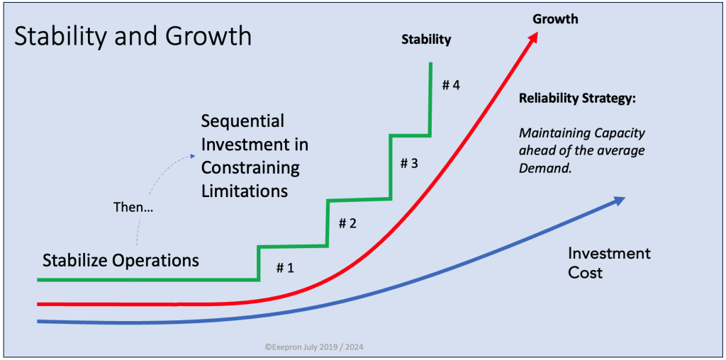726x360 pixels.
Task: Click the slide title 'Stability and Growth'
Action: [x=133, y=36]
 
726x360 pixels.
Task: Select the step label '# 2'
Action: [x=347, y=223]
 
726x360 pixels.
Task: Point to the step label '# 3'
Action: [x=409, y=163]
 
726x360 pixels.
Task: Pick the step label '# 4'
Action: [x=451, y=85]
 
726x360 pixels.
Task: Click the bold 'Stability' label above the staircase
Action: [x=426, y=39]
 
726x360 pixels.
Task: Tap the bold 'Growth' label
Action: [x=555, y=19]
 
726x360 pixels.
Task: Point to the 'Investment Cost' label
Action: [x=609, y=262]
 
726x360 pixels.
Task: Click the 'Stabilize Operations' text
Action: [x=121, y=260]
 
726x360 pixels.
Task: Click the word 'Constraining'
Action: [x=250, y=168]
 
